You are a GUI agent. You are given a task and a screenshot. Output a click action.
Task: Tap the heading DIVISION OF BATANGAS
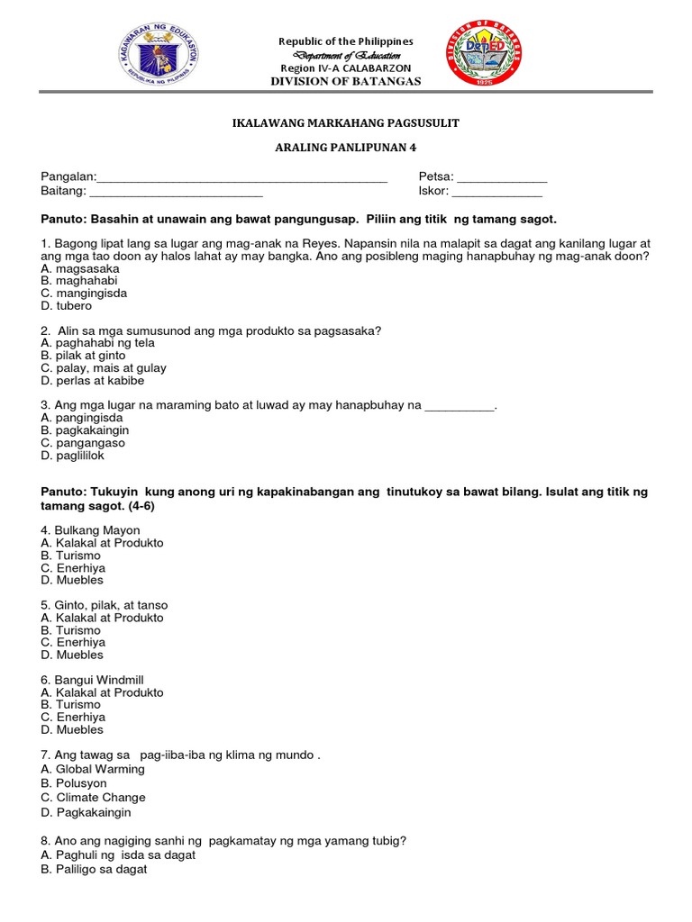pos(346,82)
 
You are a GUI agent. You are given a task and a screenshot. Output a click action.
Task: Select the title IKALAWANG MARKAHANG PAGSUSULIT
pos(347,122)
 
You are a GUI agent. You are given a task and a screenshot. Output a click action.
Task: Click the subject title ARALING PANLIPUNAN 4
pos(347,147)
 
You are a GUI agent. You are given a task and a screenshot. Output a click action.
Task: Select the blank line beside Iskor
pos(496,193)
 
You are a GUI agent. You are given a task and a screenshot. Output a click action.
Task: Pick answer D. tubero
pos(67,306)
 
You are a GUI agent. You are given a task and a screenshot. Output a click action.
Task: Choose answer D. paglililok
pos(77,456)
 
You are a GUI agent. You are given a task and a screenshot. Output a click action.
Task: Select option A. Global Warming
pos(93,770)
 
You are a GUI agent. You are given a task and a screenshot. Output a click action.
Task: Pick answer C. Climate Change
pos(93,798)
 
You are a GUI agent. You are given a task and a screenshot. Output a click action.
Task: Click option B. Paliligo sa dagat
pos(94,870)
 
